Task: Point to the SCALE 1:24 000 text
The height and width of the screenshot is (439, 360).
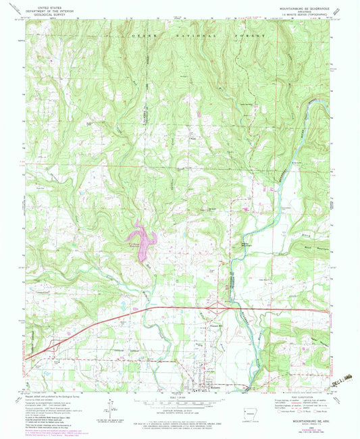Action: pyautogui.click(x=181, y=398)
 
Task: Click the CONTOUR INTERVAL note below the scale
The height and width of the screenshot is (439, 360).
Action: pyautogui.click(x=181, y=416)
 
